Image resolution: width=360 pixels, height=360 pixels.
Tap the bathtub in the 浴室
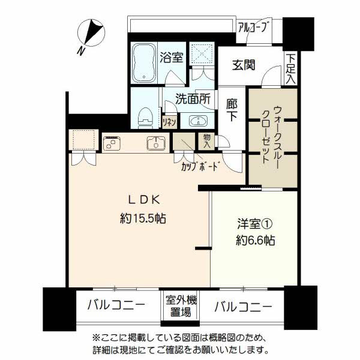coord(144,62)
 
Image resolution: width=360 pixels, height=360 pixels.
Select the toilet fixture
coord(146,118)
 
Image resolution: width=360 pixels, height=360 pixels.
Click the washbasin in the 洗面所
coord(199,121)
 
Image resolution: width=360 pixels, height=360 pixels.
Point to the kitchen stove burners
coord(112,143)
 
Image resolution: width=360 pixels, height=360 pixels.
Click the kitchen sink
coord(156,143)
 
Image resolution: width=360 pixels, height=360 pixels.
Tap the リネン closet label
coord(169,122)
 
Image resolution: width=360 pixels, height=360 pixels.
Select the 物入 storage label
coord(207,141)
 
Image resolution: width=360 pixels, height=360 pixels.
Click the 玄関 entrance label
coord(244,65)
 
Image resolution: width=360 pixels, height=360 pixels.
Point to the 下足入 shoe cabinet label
coord(291,68)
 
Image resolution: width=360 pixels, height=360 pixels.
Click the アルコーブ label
coord(252,27)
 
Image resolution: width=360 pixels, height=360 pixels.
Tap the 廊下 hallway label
coord(232,110)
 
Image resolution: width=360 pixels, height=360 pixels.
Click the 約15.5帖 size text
coord(143,218)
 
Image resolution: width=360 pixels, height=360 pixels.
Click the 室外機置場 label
coord(181,306)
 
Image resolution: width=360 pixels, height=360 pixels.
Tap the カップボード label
coord(199,166)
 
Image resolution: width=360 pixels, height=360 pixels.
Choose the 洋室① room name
coord(255,224)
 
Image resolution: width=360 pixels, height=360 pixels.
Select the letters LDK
coord(144,200)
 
